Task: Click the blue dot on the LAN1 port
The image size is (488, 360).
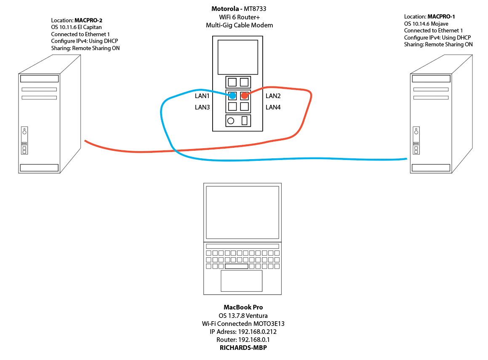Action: (232, 96)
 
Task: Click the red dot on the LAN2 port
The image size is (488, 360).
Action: (245, 96)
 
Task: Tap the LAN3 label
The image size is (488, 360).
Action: (202, 107)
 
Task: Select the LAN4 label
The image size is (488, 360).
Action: (273, 107)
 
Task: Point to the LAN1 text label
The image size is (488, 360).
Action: (202, 96)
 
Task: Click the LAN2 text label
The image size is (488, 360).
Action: (273, 96)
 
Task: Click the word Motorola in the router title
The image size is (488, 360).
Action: (225, 9)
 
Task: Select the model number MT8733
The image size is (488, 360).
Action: (255, 9)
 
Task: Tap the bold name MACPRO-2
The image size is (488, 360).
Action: (88, 21)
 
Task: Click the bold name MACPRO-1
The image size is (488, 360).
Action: (441, 17)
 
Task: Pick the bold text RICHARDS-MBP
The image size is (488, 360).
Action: (243, 348)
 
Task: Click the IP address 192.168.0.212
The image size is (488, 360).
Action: (257, 332)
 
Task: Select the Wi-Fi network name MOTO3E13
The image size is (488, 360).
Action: (269, 324)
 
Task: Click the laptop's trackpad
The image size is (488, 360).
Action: (242, 281)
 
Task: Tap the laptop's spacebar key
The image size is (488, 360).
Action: (237, 267)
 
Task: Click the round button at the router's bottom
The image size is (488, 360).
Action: (231, 121)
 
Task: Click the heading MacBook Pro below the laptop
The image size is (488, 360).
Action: (243, 307)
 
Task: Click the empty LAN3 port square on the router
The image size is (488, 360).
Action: (232, 107)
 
